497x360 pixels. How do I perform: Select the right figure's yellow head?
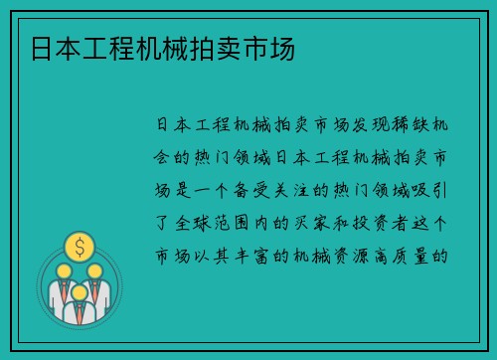(x=95, y=270)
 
